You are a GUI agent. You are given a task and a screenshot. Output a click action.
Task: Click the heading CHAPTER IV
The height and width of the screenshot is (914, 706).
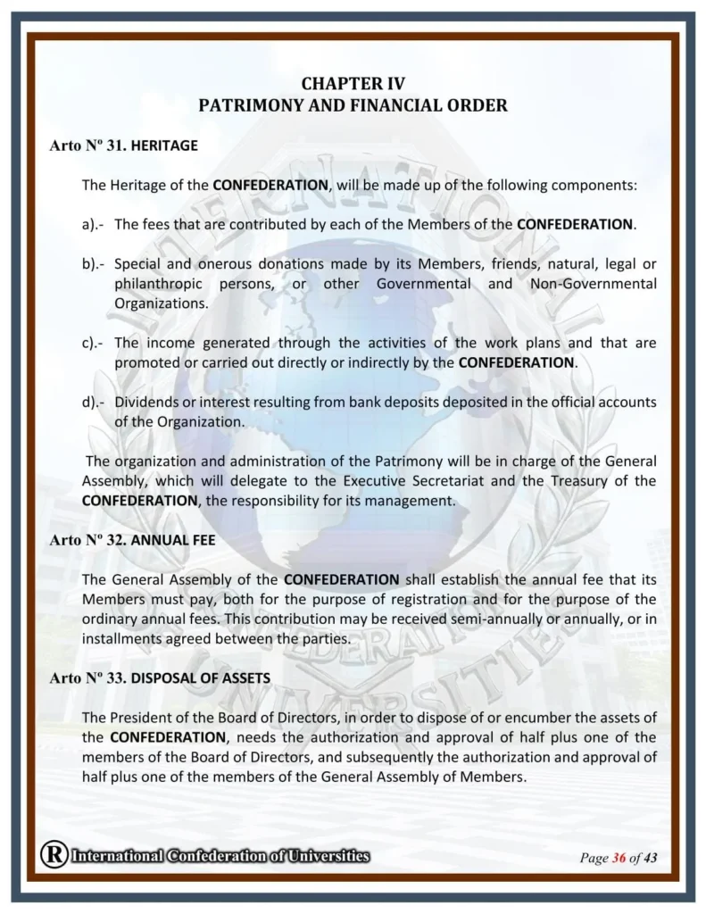pos(353,84)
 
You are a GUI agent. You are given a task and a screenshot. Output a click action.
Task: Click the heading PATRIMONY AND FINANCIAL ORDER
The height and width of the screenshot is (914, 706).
pos(353,105)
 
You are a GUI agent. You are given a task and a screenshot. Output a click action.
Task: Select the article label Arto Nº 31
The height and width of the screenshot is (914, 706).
pos(87,145)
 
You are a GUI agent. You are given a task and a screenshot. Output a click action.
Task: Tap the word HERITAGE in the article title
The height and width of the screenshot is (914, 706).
pos(164,145)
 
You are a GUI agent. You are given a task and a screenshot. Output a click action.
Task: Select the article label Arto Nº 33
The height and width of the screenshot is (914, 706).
pos(87,677)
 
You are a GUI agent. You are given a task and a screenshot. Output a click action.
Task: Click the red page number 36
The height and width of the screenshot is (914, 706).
pos(619,859)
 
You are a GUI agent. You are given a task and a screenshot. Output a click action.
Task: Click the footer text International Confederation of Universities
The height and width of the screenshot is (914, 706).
pos(220,856)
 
